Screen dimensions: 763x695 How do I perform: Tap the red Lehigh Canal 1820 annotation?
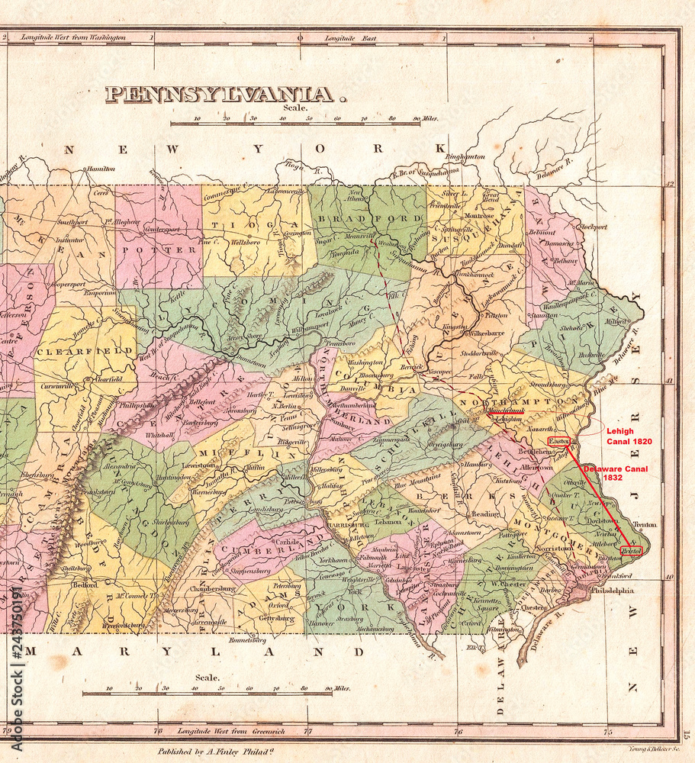coord(629,436)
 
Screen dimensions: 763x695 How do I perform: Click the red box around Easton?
coord(558,442)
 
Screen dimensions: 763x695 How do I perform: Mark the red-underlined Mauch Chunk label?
coord(505,410)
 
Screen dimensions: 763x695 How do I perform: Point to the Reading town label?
coord(484,514)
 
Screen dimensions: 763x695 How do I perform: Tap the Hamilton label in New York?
coord(101,169)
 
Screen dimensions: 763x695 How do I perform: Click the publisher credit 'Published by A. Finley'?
coord(214,752)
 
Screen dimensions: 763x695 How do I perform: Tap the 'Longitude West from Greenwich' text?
coord(224,731)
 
